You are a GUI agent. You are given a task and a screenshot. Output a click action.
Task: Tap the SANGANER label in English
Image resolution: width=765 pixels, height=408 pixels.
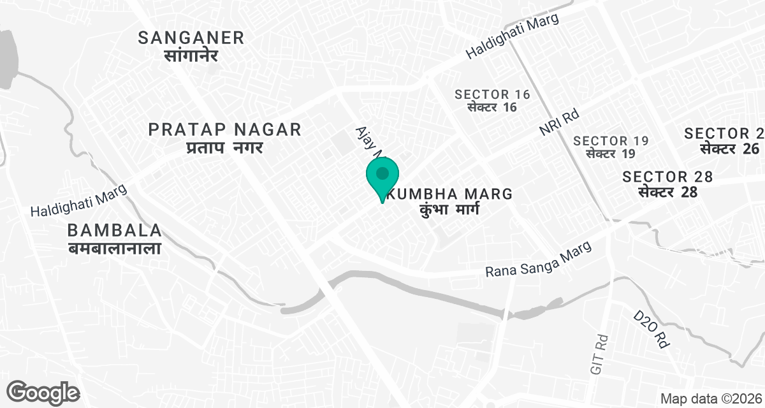(x=191, y=38)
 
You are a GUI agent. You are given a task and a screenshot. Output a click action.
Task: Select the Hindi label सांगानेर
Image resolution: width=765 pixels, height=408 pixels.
(x=191, y=55)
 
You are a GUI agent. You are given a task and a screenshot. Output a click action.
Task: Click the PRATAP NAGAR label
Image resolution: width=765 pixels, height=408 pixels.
(x=224, y=130)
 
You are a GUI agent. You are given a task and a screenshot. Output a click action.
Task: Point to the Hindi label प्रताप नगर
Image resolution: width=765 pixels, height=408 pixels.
(x=224, y=148)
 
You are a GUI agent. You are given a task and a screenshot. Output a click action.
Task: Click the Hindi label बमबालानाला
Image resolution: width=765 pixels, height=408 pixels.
(x=114, y=248)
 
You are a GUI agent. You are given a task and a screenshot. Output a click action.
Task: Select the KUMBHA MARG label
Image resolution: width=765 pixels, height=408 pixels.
(x=453, y=193)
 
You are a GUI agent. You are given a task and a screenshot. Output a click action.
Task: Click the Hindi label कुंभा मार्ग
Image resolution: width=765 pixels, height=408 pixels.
(x=449, y=210)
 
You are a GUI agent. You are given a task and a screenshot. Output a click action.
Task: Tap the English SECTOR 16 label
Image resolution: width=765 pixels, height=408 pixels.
(x=492, y=94)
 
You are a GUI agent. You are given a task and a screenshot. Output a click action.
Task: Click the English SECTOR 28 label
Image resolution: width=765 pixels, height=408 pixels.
(x=667, y=177)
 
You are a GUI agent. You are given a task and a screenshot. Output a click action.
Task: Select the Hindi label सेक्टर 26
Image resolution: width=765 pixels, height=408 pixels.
(x=730, y=149)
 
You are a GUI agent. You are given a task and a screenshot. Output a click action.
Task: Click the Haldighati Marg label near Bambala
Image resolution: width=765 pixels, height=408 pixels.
(x=80, y=201)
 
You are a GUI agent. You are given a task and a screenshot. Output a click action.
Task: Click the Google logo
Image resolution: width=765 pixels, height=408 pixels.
(x=43, y=391)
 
